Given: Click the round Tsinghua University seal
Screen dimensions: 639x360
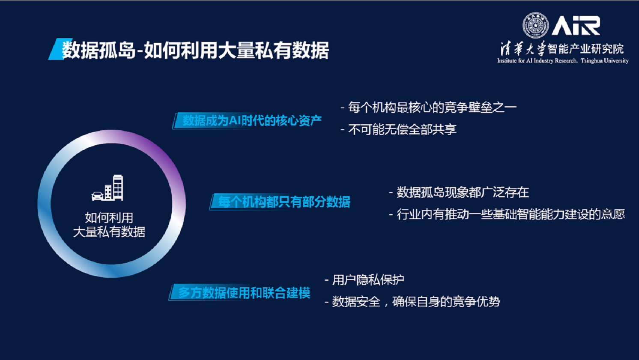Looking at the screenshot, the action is tap(535, 25).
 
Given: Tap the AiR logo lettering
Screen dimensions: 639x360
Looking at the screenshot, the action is tap(576, 26).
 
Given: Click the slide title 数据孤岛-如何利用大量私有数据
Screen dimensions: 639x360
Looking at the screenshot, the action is tap(195, 50).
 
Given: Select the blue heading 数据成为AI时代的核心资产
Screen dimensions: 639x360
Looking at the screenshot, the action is tap(252, 121).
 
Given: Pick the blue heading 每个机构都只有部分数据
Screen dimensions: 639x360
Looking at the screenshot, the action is tap(284, 202).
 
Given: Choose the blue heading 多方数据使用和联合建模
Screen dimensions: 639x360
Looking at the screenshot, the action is tap(244, 293).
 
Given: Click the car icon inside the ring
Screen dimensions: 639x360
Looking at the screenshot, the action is tap(98, 196).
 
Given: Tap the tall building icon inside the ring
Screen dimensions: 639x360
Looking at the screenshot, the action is tap(117, 187).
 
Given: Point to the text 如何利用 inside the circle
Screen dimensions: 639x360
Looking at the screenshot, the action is tap(109, 218).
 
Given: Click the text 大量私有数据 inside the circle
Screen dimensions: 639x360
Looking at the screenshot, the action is tap(109, 232).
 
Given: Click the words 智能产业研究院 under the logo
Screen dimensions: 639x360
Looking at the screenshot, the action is tap(585, 49).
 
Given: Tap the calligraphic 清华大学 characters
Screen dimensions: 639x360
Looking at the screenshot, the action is tap(523, 49).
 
